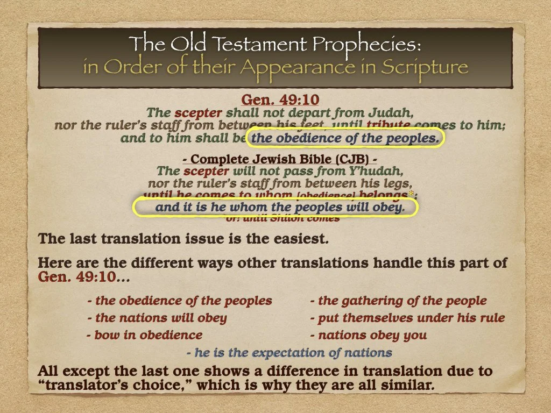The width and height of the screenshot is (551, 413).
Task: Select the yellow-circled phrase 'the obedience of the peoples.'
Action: pos(345,138)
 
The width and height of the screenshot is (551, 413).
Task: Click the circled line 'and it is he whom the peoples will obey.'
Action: pos(279,208)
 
